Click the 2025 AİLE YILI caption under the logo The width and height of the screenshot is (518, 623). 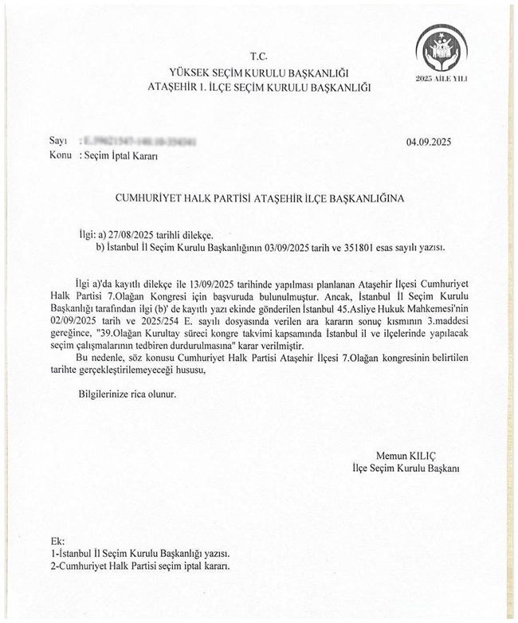click(440, 80)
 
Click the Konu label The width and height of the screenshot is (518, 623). click(61, 155)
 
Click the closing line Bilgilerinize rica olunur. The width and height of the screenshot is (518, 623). click(126, 393)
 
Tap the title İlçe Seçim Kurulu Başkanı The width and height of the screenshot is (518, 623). click(407, 468)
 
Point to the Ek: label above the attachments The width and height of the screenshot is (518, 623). click(56, 540)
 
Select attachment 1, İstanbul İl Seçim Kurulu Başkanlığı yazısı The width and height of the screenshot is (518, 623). click(140, 552)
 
